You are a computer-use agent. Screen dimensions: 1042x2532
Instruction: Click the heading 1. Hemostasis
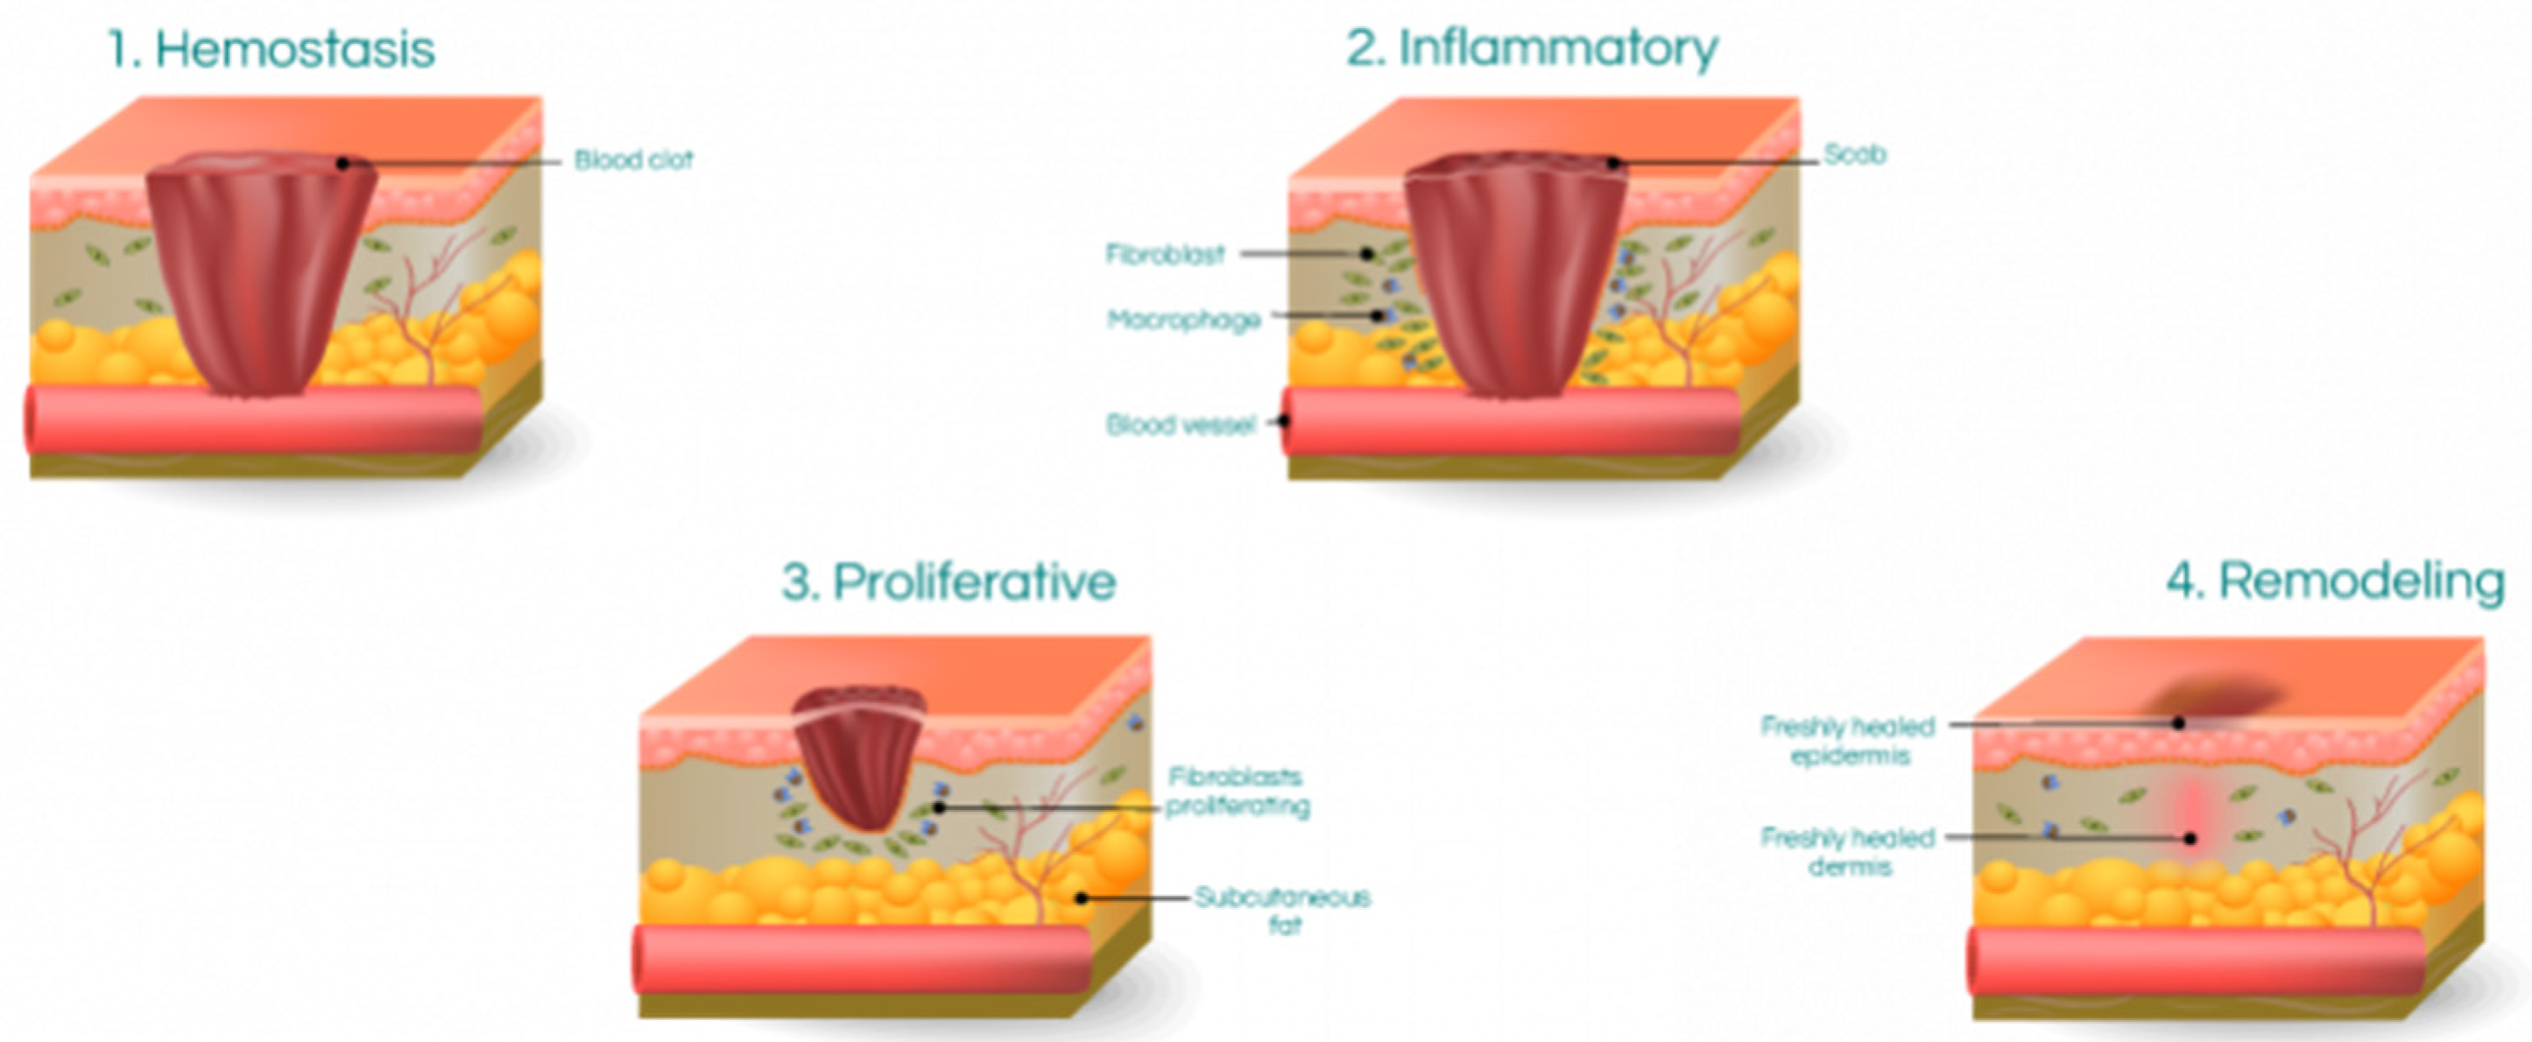pos(271,49)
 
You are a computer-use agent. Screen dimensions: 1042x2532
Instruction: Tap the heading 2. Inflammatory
pos(1532,47)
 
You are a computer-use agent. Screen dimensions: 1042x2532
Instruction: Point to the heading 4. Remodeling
pos(2334,580)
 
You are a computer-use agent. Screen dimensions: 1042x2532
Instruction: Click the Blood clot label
pos(633,159)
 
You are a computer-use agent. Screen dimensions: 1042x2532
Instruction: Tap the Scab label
pos(1855,154)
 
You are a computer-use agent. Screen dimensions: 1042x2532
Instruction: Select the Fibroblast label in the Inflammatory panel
pos(1165,255)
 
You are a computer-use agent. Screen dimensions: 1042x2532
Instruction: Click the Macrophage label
pos(1183,320)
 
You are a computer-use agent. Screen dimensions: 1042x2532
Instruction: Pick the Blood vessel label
pos(1181,425)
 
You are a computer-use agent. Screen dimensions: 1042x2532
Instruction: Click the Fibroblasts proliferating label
pos(1237,792)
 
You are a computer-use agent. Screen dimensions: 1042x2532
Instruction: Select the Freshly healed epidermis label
pos(1848,740)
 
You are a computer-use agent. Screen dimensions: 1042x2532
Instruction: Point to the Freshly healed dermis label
pos(1848,851)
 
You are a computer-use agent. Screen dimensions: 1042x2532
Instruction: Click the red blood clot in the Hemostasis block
pos(259,275)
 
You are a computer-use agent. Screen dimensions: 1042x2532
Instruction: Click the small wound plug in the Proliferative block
pos(860,752)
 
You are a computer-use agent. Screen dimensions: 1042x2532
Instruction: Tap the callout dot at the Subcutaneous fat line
pos(1080,898)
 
